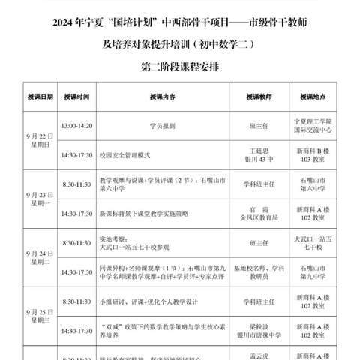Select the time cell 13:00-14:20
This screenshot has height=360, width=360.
pyautogui.click(x=77, y=125)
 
